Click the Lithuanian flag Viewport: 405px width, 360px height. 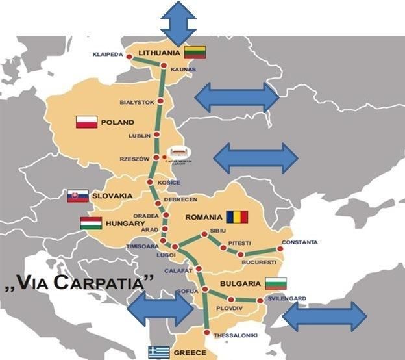(195, 53)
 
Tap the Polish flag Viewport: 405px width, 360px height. (86, 122)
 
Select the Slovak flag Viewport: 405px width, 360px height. (78, 196)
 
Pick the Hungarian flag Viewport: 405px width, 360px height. (91, 224)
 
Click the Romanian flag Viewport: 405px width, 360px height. (237, 216)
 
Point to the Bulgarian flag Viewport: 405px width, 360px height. (276, 283)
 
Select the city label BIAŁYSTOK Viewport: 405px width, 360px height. (137, 102)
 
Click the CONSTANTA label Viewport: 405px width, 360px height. (300, 242)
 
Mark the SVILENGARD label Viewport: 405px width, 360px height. (286, 299)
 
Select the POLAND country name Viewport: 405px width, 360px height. (117, 122)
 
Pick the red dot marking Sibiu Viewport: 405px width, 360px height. (204, 234)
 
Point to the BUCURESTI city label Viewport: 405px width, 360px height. (260, 261)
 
